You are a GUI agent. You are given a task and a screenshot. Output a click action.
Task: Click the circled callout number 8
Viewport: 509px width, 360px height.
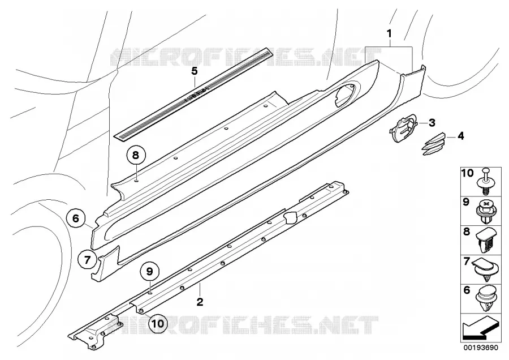click(136, 155)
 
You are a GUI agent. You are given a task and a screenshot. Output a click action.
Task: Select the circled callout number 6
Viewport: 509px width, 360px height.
click(76, 218)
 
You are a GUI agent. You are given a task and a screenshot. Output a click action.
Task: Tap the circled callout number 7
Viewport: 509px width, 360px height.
click(87, 260)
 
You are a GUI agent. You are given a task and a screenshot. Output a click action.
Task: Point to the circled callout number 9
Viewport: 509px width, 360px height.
click(149, 272)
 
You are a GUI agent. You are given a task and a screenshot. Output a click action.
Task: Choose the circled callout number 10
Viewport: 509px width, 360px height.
click(158, 323)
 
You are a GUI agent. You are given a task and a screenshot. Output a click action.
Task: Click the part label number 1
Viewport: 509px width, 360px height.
click(389, 33)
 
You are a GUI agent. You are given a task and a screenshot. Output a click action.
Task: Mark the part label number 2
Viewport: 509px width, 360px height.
click(200, 302)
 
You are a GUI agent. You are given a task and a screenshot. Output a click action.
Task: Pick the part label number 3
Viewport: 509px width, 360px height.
click(432, 123)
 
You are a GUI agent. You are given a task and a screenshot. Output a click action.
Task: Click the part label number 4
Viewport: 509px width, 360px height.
click(460, 136)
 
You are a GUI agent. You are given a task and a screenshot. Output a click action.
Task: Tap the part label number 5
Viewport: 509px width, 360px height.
click(194, 71)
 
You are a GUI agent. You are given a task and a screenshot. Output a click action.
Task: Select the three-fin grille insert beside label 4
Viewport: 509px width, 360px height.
click(434, 144)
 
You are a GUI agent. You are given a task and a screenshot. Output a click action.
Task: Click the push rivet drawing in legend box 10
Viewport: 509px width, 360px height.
click(485, 181)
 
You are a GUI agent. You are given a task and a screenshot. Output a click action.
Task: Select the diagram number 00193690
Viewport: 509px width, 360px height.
click(481, 348)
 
